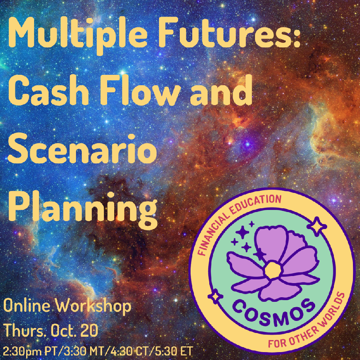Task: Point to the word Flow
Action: pos(139,90)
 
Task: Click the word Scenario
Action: pos(82,149)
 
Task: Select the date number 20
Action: pos(90,330)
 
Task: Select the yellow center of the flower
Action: pos(273,270)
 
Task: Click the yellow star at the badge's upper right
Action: pos(317,227)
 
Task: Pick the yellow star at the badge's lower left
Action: pos(216,296)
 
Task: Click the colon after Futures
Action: pos(296,36)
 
